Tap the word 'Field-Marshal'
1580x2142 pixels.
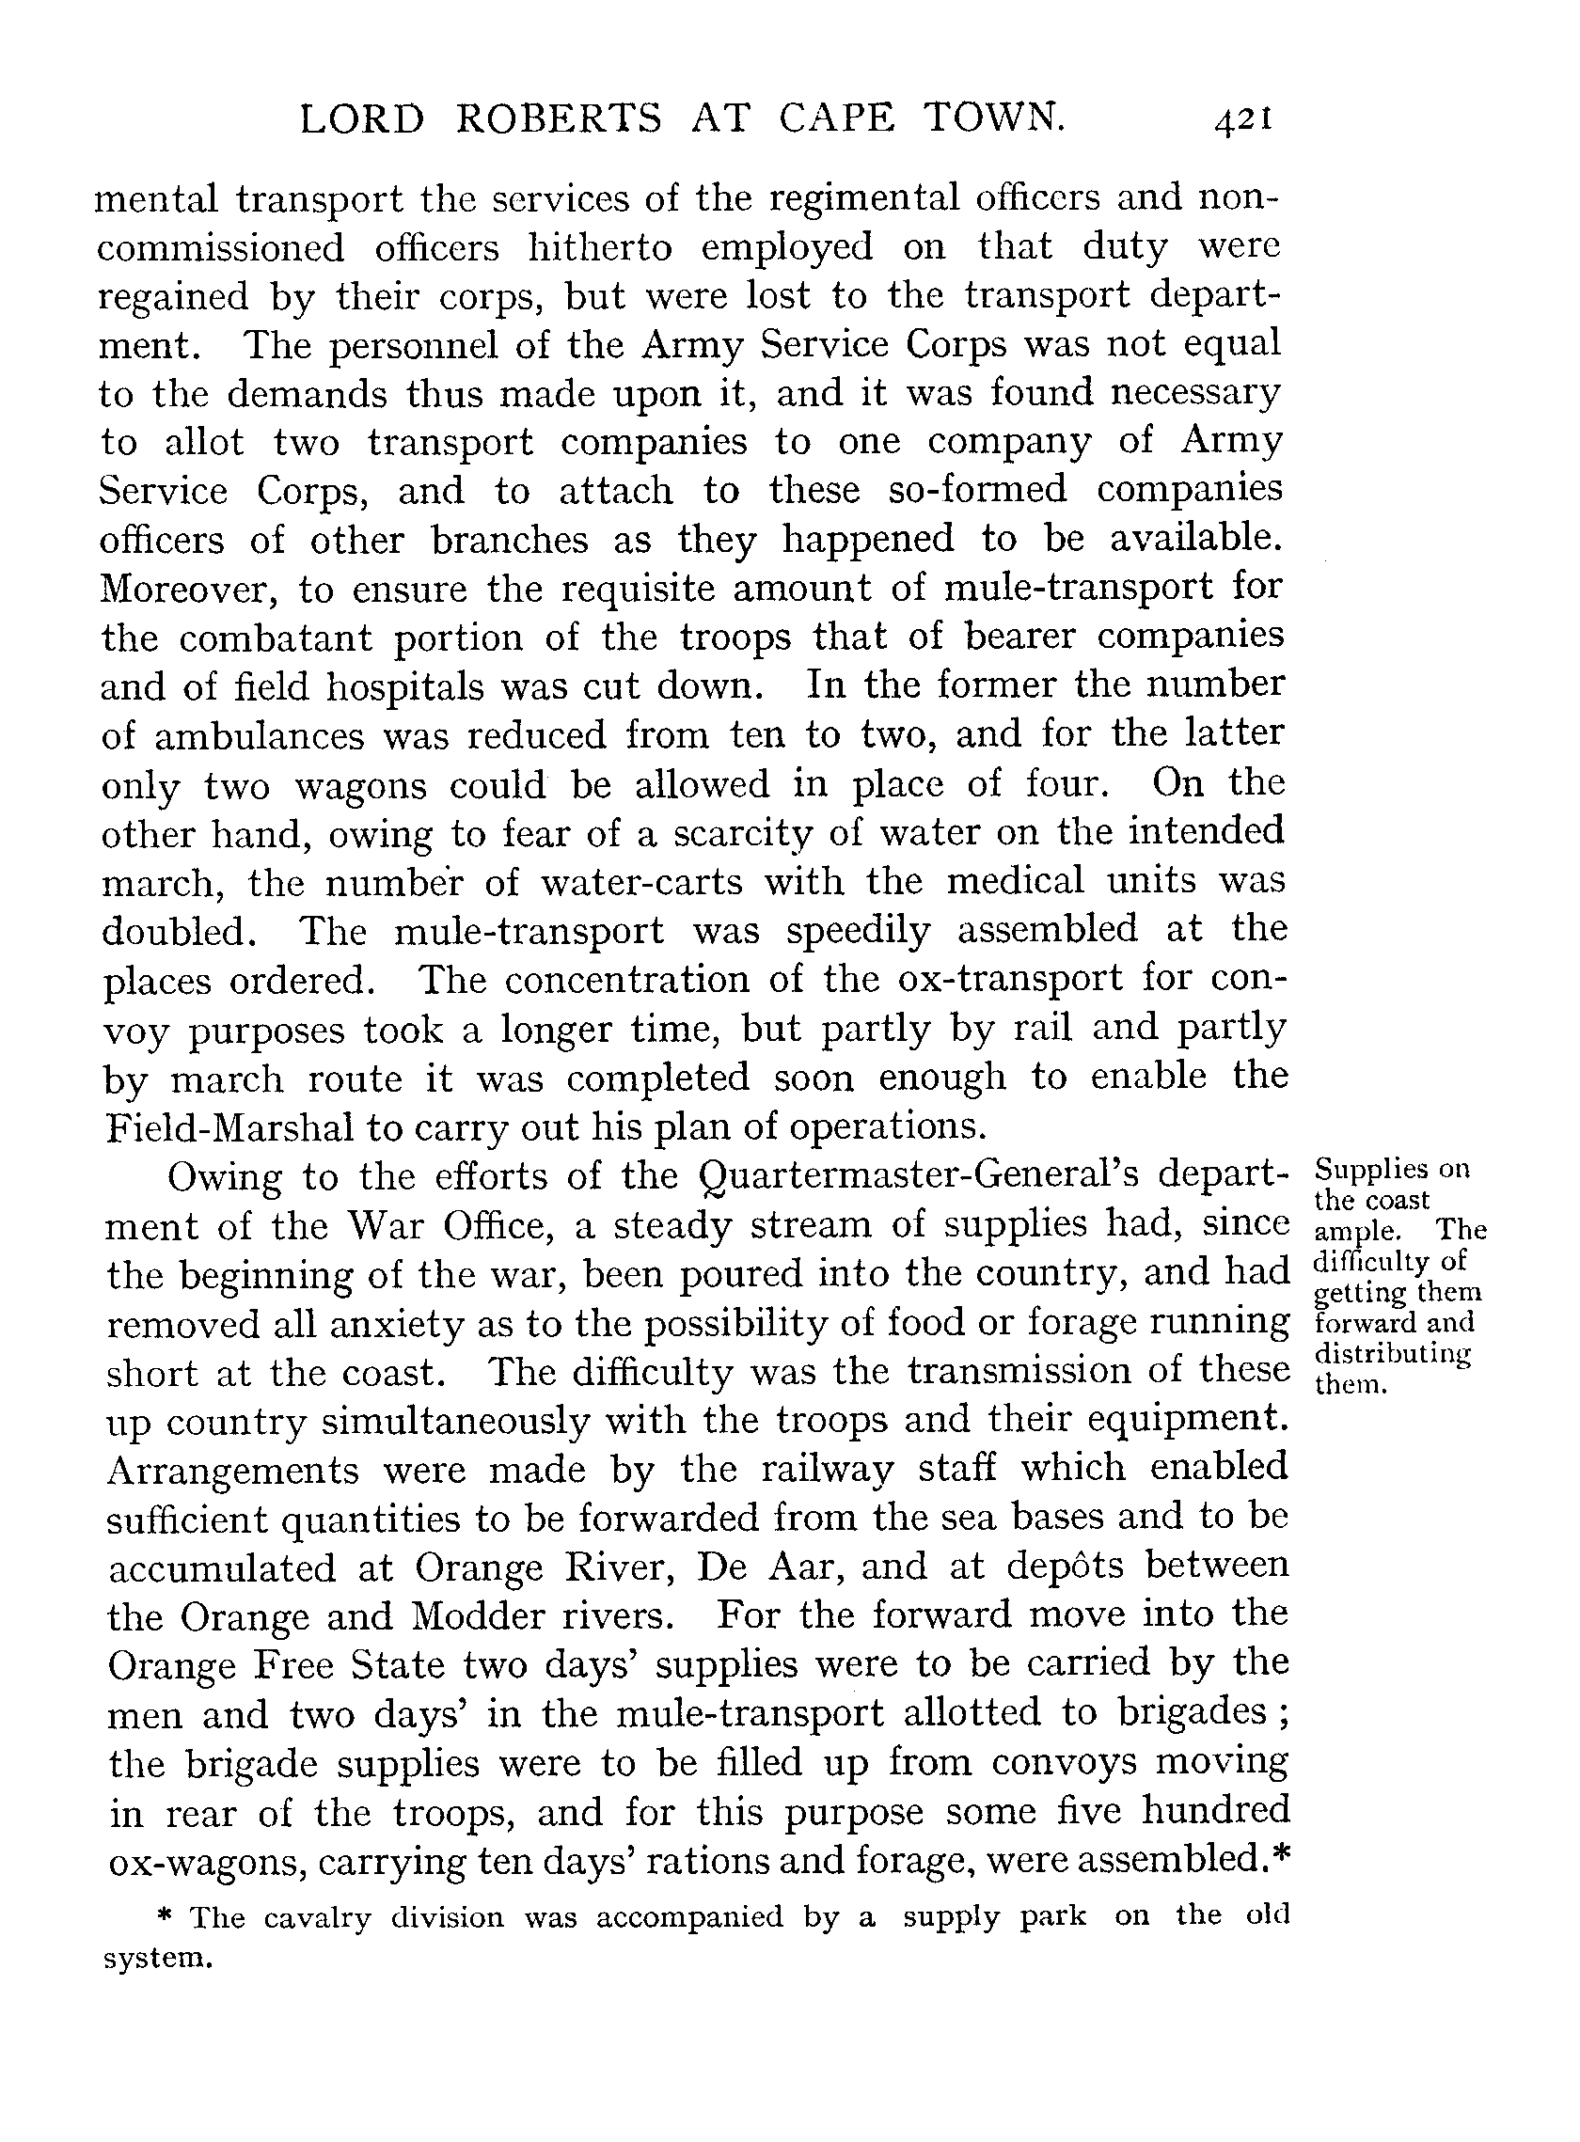pyautogui.click(x=230, y=1128)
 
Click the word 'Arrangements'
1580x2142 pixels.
pyautogui.click(x=232, y=1473)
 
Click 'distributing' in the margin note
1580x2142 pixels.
pyautogui.click(x=1393, y=1355)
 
